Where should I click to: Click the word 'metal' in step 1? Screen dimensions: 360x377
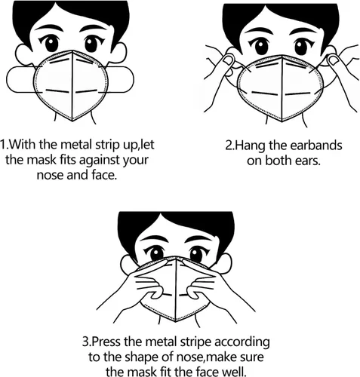76,145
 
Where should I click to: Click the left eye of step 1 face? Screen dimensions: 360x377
51,43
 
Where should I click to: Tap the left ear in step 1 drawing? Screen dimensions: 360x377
23,54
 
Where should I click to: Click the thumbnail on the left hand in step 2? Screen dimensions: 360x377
229,60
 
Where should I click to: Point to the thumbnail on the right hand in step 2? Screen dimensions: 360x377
334,60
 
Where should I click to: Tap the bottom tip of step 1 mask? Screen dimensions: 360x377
72,121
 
